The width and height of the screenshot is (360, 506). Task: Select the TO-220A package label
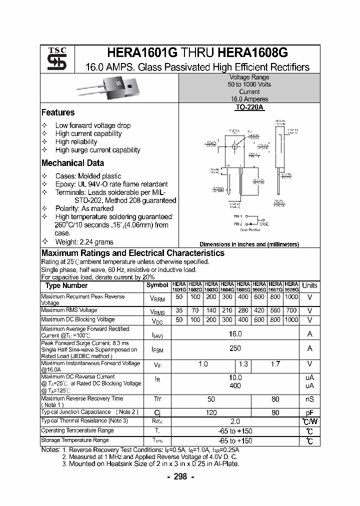249,107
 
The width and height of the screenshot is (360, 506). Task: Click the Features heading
58,112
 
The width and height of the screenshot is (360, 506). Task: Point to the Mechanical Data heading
73,163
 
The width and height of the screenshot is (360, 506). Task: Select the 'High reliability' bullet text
76,141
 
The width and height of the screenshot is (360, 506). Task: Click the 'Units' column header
309,285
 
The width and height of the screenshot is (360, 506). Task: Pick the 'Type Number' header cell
66,285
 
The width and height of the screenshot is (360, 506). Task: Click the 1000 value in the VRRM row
291,297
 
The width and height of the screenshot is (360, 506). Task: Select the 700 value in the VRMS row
291,310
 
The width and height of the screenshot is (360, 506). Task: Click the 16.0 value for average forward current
235,333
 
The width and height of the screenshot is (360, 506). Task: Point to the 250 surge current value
235,348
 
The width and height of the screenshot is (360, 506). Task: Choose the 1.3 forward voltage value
243,364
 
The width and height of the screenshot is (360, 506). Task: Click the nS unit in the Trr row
309,400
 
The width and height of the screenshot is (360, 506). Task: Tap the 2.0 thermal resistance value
235,421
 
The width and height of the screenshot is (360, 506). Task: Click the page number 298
180,477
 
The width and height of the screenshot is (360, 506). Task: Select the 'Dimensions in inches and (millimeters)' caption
249,244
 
